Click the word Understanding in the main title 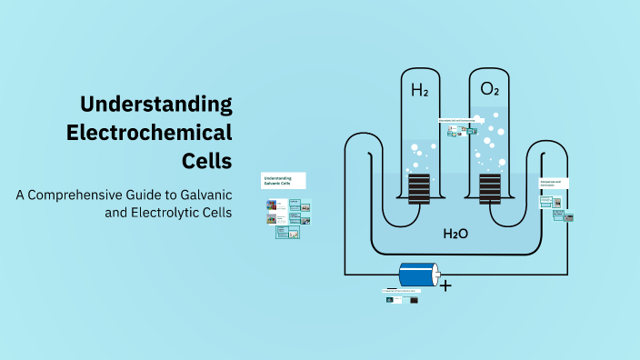point(155,103)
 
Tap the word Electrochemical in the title point(150,132)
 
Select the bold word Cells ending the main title point(207,161)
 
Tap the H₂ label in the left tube point(419,90)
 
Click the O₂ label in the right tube point(489,90)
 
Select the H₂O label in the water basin point(455,234)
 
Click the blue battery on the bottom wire point(417,275)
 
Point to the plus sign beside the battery point(445,285)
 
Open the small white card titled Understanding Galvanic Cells point(284,180)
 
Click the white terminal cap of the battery point(437,274)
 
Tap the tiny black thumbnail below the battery point(414,299)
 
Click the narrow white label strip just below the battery point(404,291)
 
